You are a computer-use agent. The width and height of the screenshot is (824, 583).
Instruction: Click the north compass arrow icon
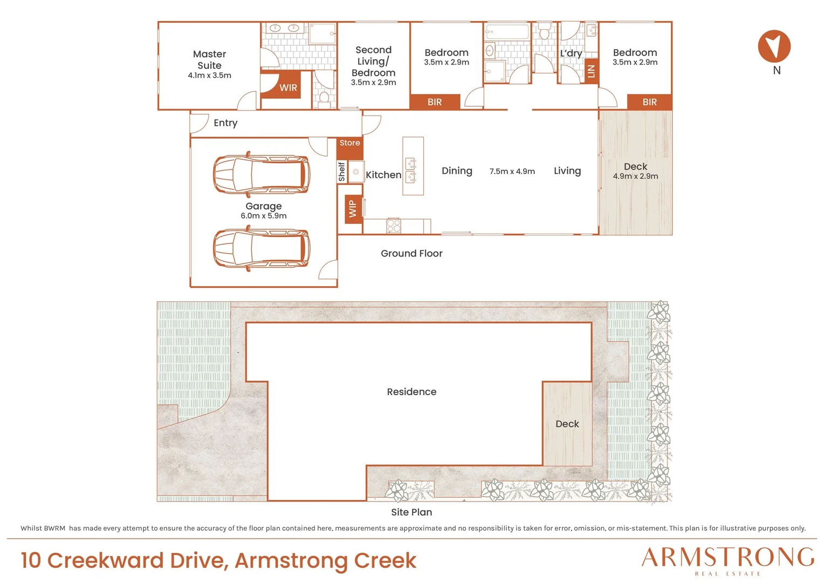pos(774,46)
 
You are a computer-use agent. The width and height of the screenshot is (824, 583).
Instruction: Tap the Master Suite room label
pos(209,60)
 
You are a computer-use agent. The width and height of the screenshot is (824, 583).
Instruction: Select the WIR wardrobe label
pos(288,87)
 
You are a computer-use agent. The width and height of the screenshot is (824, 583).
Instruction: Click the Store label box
pos(349,143)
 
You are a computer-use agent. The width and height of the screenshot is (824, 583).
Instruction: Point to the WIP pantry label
pos(352,209)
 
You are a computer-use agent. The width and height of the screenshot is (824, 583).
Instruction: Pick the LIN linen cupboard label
pos(591,71)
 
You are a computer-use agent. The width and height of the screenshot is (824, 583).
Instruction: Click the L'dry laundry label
pos(571,53)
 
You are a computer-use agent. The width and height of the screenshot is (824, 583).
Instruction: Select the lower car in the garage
pos(261,248)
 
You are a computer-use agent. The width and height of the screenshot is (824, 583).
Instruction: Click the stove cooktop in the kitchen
pos(393,226)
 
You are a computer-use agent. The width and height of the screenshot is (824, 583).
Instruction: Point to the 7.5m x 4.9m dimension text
pos(512,171)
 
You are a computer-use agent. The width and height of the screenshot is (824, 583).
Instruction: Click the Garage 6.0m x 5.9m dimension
pos(263,216)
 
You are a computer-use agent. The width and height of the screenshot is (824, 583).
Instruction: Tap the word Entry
pos(225,123)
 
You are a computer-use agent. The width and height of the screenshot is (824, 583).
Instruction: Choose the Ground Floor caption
pos(411,253)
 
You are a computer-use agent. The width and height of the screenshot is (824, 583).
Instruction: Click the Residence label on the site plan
pos(411,391)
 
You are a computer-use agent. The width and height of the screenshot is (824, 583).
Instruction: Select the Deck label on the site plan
pos(567,424)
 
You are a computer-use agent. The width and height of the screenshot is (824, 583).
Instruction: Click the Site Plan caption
pos(411,512)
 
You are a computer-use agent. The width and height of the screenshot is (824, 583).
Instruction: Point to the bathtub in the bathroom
pos(507,32)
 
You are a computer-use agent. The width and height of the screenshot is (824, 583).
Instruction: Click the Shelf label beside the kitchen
pos(342,172)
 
